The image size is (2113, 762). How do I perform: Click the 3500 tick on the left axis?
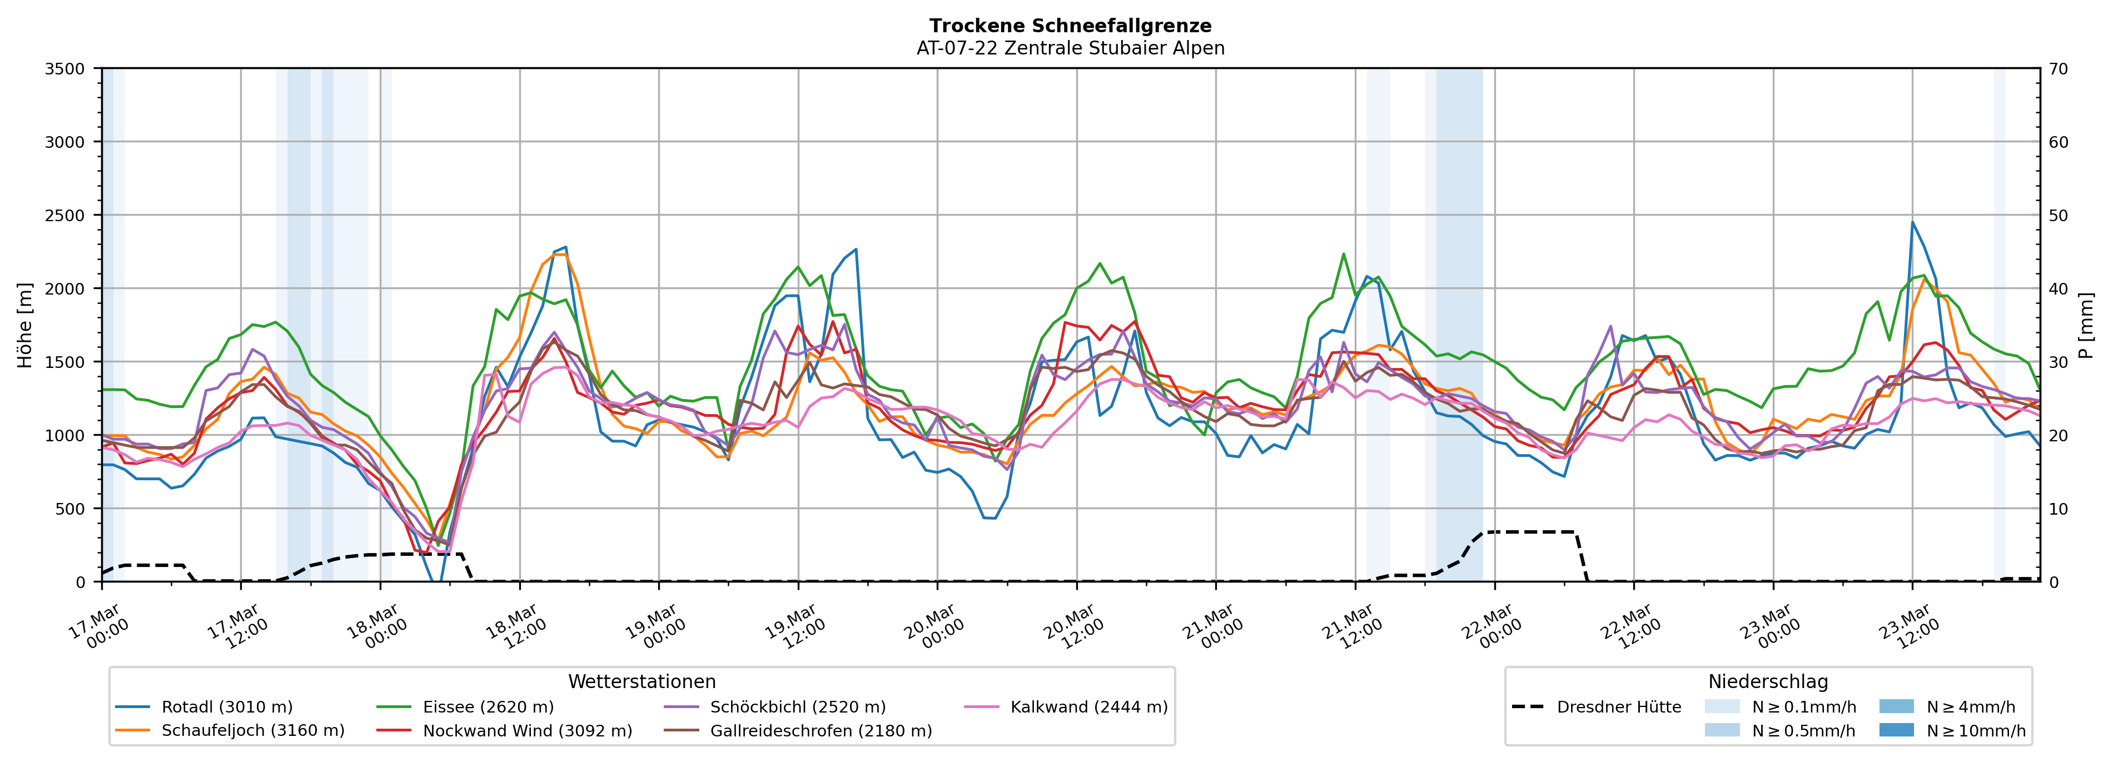pyautogui.click(x=65, y=69)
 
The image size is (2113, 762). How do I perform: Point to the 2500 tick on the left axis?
pyautogui.click(x=65, y=216)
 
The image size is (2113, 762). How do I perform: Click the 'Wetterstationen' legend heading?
pyautogui.click(x=642, y=681)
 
